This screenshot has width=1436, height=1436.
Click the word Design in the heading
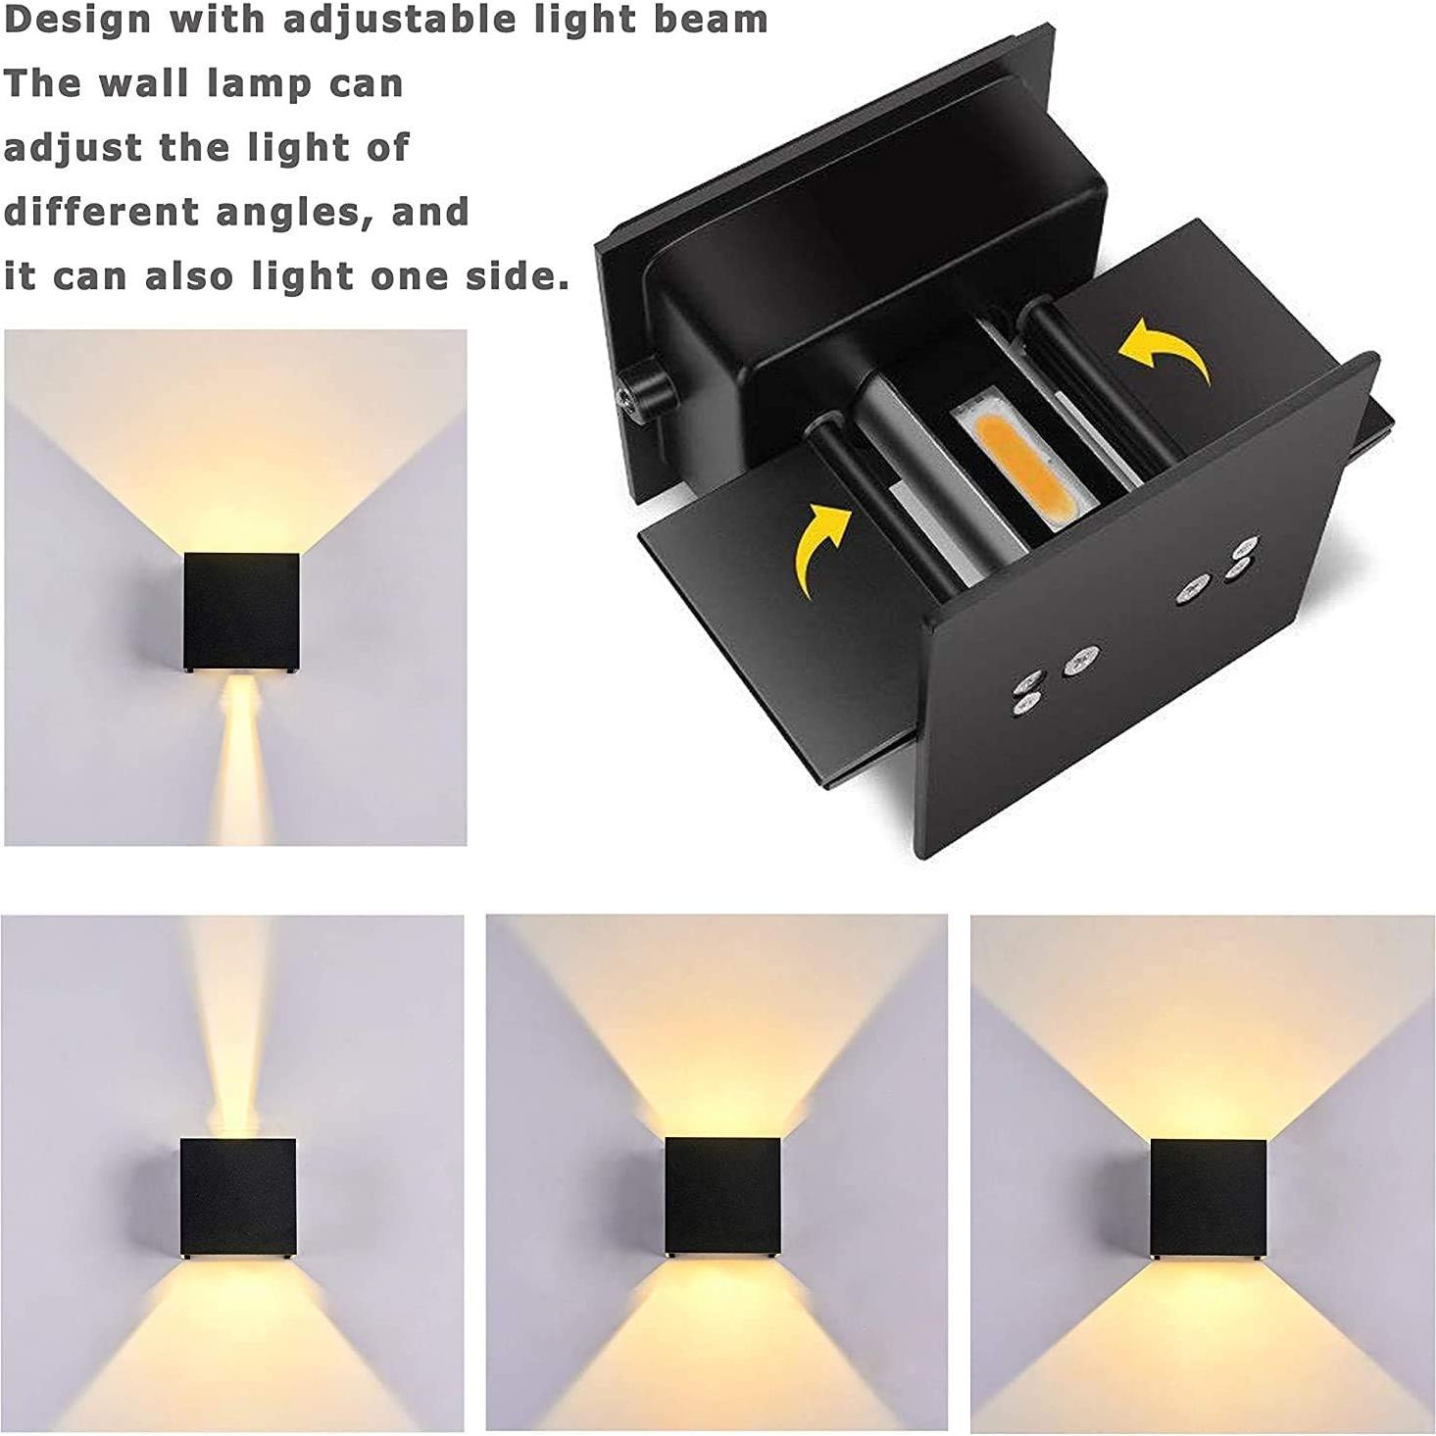coord(78,20)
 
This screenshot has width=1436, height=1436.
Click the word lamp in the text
coord(255,85)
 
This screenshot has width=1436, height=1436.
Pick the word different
coord(103,212)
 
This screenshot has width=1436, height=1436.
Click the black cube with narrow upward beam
coord(238,1197)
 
